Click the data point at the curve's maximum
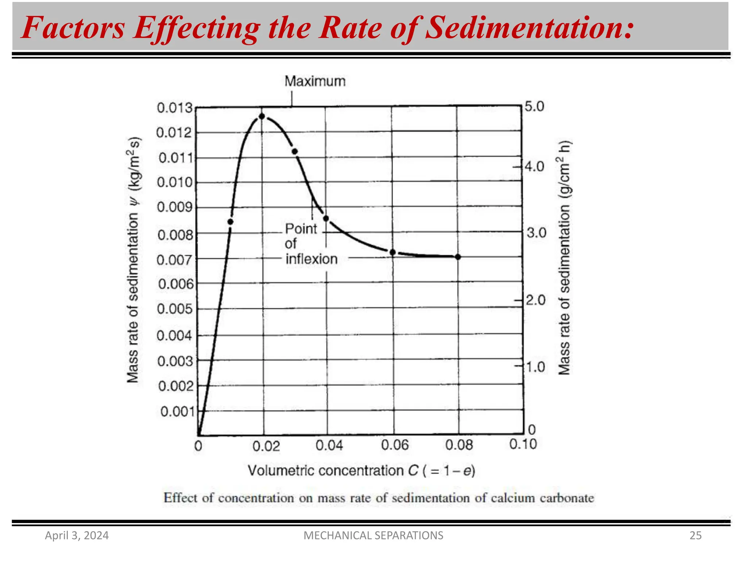(x=262, y=117)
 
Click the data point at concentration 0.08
(x=458, y=257)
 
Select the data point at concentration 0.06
(x=393, y=252)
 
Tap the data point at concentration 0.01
(x=231, y=222)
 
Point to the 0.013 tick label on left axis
(x=175, y=108)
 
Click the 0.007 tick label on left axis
(x=174, y=260)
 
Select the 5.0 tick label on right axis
(x=534, y=107)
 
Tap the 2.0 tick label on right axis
(x=535, y=300)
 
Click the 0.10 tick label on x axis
(x=523, y=444)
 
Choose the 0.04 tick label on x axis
(x=329, y=445)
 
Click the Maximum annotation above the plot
(x=315, y=81)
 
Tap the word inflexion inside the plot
(x=311, y=259)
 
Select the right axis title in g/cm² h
(x=565, y=257)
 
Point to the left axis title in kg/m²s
(x=133, y=260)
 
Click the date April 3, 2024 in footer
(x=77, y=535)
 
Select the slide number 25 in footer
(x=695, y=535)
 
